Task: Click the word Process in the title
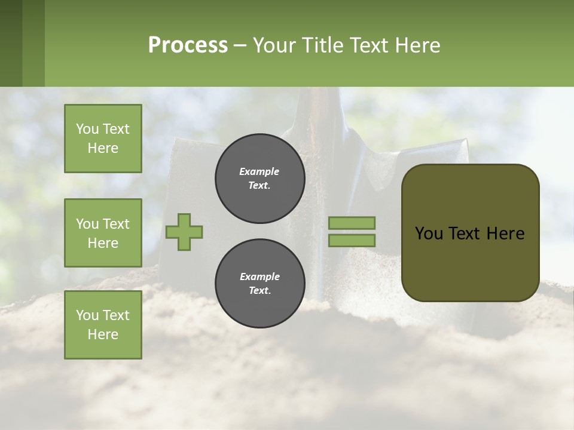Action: [188, 45]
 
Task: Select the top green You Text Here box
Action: [103, 139]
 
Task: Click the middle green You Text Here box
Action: [103, 233]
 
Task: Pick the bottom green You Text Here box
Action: [103, 325]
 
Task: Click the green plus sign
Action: [184, 232]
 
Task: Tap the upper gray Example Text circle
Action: [259, 179]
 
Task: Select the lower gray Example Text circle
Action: [259, 284]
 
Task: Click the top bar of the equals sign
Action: [352, 223]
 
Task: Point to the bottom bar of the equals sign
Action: [352, 241]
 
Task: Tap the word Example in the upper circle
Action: [259, 172]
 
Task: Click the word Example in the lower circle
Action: [259, 277]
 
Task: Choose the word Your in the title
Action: [274, 45]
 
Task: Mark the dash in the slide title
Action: [240, 46]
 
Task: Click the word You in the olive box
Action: [429, 234]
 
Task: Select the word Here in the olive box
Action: [506, 234]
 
